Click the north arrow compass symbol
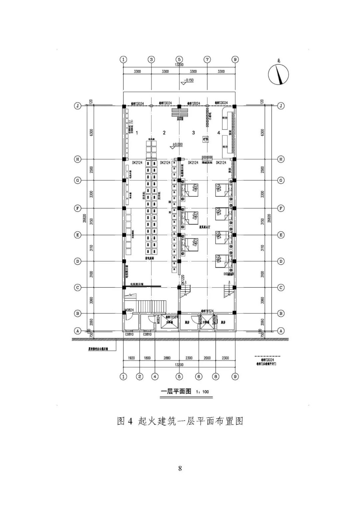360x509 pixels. [279, 74]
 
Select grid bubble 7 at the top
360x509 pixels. [207, 60]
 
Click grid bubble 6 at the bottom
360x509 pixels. [199, 376]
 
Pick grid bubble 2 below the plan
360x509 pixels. [140, 376]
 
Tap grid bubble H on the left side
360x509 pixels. [78, 159]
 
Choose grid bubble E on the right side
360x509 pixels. [281, 235]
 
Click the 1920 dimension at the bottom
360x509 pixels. [131, 358]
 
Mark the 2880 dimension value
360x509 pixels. [167, 358]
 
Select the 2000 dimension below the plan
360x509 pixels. [207, 358]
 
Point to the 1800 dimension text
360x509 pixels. [147, 358]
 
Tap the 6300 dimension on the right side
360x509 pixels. [262, 132]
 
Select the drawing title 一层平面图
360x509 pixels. [176, 391]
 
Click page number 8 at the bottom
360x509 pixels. [180, 468]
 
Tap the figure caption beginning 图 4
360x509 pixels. [180, 421]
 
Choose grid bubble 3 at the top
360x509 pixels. [151, 60]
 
